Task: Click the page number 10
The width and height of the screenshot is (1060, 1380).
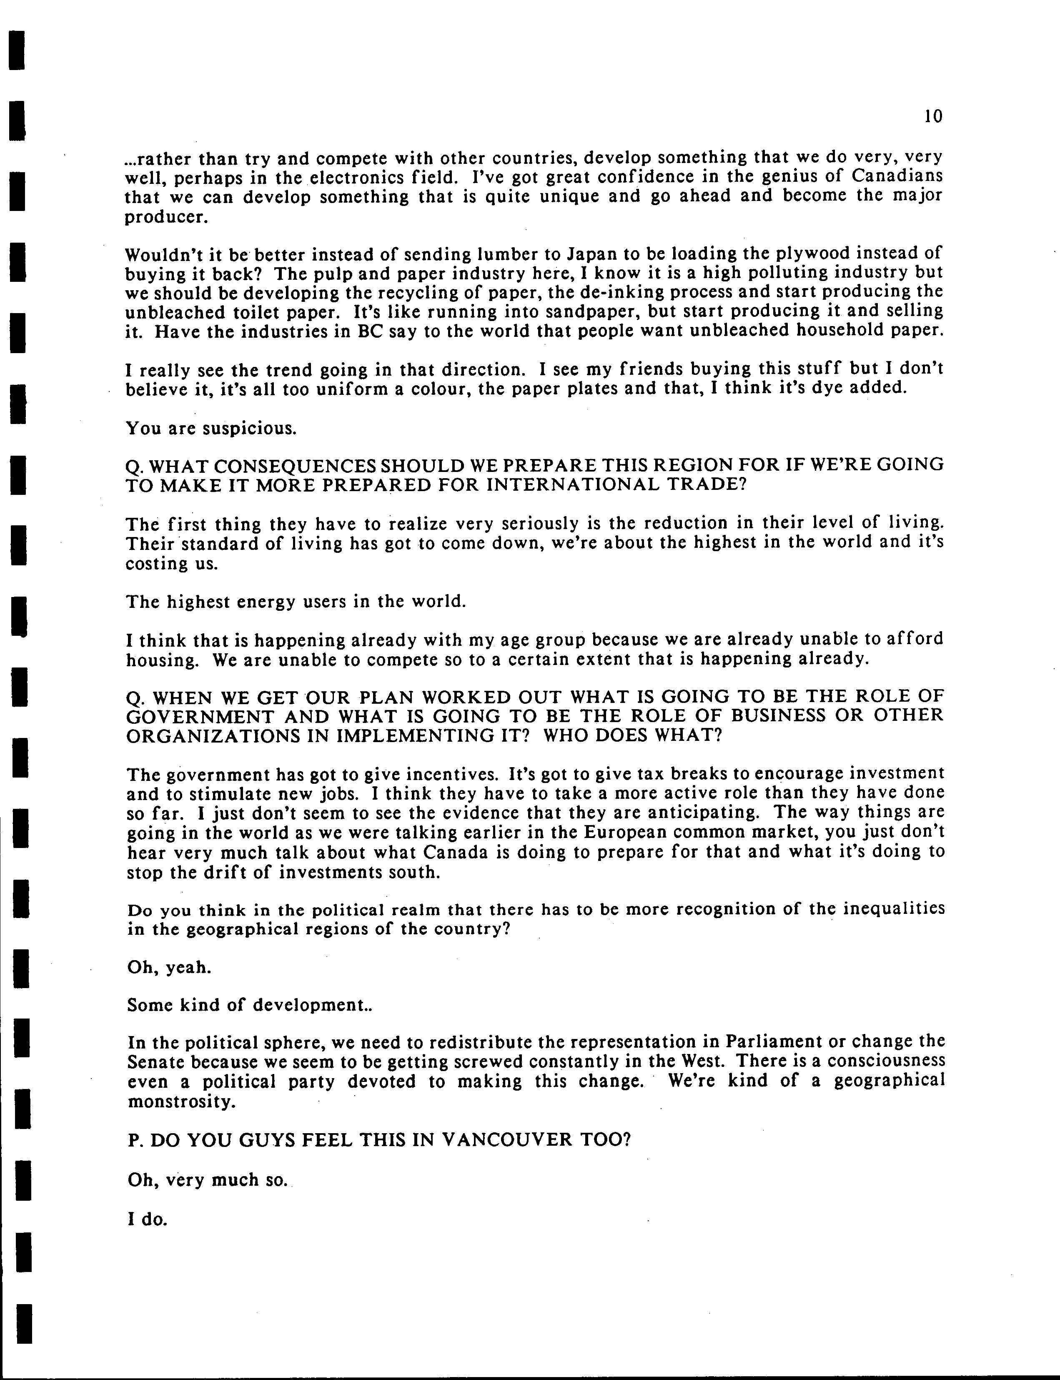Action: coord(932,116)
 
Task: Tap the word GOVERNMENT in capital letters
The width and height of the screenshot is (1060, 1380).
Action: coord(200,717)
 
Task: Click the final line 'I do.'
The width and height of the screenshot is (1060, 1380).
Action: coord(147,1219)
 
